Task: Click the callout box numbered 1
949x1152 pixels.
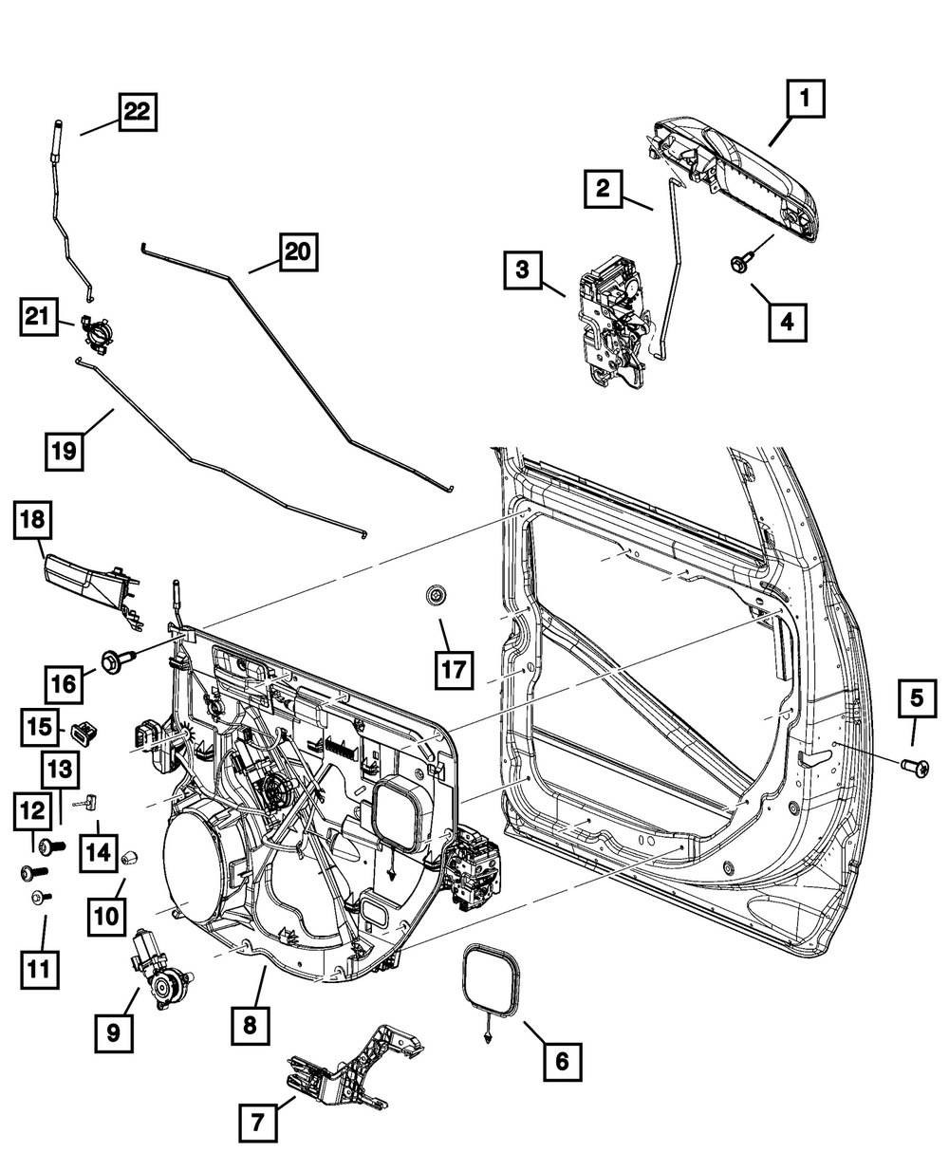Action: click(x=804, y=100)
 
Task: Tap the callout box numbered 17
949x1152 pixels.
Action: click(x=452, y=669)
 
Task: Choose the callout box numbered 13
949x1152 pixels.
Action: click(x=60, y=766)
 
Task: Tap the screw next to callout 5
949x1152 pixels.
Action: click(x=917, y=762)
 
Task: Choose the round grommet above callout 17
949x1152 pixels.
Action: click(x=437, y=597)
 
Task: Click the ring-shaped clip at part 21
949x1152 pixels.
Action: click(x=96, y=335)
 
